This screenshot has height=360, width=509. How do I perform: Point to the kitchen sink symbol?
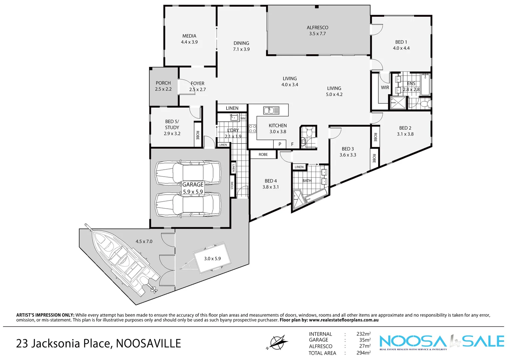click(271, 110)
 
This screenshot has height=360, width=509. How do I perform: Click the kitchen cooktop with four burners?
click(253, 129)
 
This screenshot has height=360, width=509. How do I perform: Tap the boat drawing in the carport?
click(123, 260)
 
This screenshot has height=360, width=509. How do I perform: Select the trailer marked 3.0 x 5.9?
click(212, 259)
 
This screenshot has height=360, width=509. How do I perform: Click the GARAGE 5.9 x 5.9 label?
click(193, 188)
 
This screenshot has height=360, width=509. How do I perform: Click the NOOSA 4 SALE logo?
click(442, 342)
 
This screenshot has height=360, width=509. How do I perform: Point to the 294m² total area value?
click(363, 353)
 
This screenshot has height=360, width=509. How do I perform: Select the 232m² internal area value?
click(363, 334)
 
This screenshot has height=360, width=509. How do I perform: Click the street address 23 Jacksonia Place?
click(98, 343)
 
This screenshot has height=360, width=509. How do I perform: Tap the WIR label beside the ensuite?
click(385, 88)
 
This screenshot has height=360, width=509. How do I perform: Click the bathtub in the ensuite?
click(425, 85)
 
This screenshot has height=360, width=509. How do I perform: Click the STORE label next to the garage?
click(232, 185)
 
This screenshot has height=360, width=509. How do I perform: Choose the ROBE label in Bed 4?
click(263, 155)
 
